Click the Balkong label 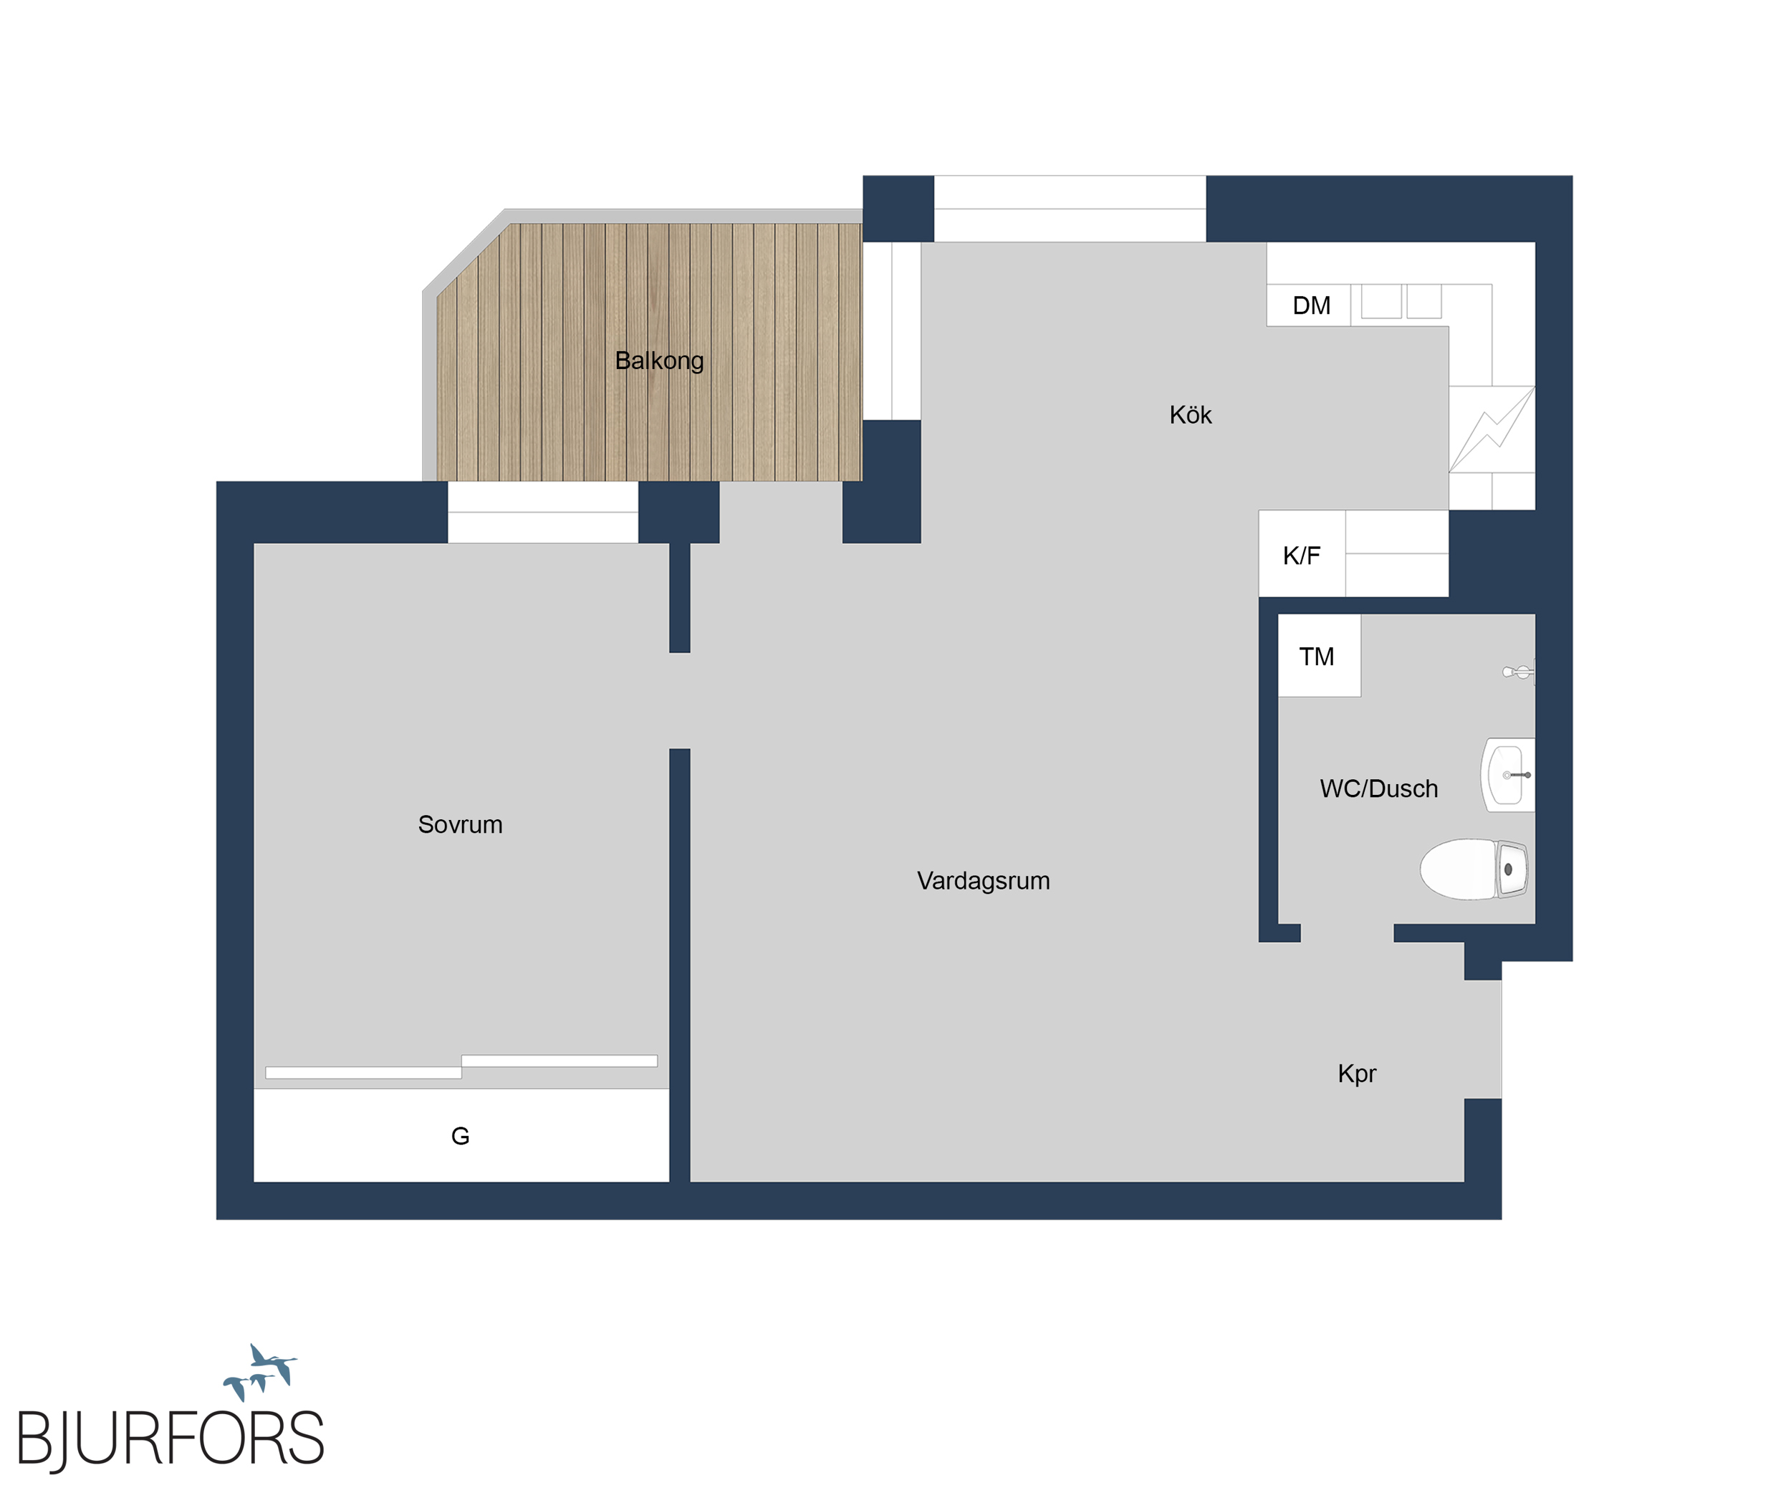[x=659, y=361]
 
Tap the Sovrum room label [x=460, y=825]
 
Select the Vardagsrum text [x=984, y=882]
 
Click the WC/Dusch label [x=1378, y=788]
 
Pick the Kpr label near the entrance [x=1357, y=1074]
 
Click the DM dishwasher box [x=1308, y=305]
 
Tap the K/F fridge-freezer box [x=1302, y=553]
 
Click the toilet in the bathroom [x=1474, y=869]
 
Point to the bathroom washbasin [x=1509, y=775]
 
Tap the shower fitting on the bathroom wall [x=1519, y=672]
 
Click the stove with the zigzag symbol [x=1492, y=429]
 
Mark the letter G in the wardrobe [x=460, y=1135]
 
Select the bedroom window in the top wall [x=542, y=512]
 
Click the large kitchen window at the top [x=1070, y=209]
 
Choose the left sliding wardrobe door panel [x=363, y=1072]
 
